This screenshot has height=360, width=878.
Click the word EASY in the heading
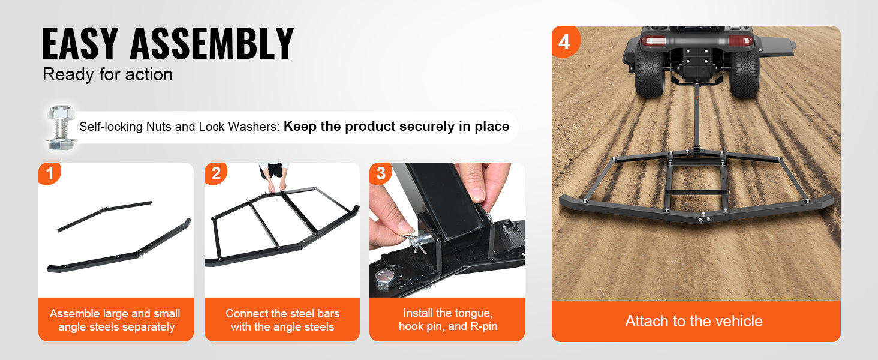pos(80,43)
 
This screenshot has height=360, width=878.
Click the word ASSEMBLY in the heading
pos(212,43)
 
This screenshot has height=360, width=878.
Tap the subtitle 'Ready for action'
pos(107,74)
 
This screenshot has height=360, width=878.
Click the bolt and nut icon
pos(62,127)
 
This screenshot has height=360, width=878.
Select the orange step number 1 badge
pos(49,173)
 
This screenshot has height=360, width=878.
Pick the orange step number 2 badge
pos(215,173)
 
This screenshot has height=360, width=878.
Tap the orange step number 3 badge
pos(381,173)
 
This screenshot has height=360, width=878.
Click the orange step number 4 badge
pos(564,41)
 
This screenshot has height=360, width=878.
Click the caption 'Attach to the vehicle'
pos(694,321)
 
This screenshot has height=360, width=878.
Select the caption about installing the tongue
pos(448,320)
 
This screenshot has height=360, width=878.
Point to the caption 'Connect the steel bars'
pos(282,320)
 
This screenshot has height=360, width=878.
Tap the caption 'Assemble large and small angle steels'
pos(115,320)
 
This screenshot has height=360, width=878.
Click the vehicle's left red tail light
pos(654,40)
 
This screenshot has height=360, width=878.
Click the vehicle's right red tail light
pos(740,40)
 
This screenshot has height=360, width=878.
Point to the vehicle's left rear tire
pos(649,74)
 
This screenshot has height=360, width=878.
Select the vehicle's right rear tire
pos(744,74)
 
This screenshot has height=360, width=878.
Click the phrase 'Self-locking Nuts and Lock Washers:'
pos(179,127)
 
